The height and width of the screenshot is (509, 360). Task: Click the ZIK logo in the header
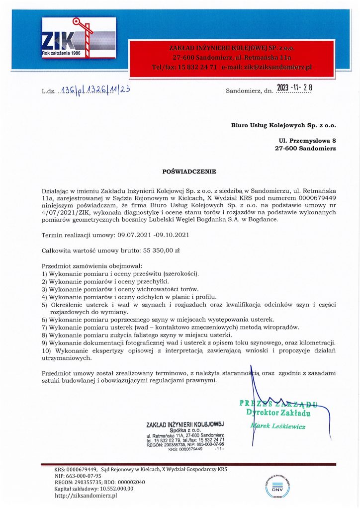(x=79, y=38)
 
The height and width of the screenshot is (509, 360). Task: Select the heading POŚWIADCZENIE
(x=189, y=171)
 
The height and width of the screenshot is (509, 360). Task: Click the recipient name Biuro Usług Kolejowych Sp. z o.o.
(x=283, y=125)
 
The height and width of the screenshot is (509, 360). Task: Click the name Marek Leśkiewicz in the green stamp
(x=278, y=426)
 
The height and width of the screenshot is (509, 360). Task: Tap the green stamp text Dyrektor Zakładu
(x=278, y=413)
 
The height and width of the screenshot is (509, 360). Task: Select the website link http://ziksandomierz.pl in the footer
(x=86, y=495)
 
